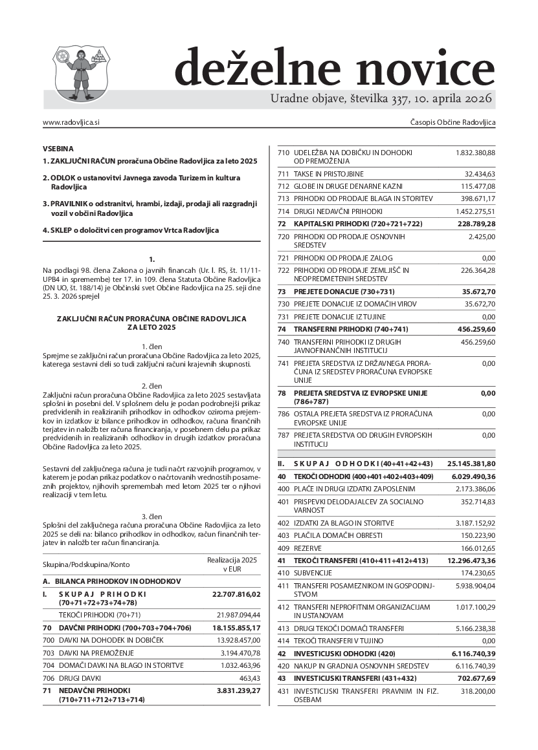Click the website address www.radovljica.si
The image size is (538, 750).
[x=71, y=122]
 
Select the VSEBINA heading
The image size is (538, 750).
[x=58, y=148]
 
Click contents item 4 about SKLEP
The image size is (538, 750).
[x=131, y=230]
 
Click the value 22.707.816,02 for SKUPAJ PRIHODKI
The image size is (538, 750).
[x=236, y=594]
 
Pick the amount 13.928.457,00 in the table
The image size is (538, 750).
[x=236, y=639]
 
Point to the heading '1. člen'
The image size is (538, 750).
[x=151, y=347]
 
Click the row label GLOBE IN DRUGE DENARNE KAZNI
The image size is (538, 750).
[x=352, y=186]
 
